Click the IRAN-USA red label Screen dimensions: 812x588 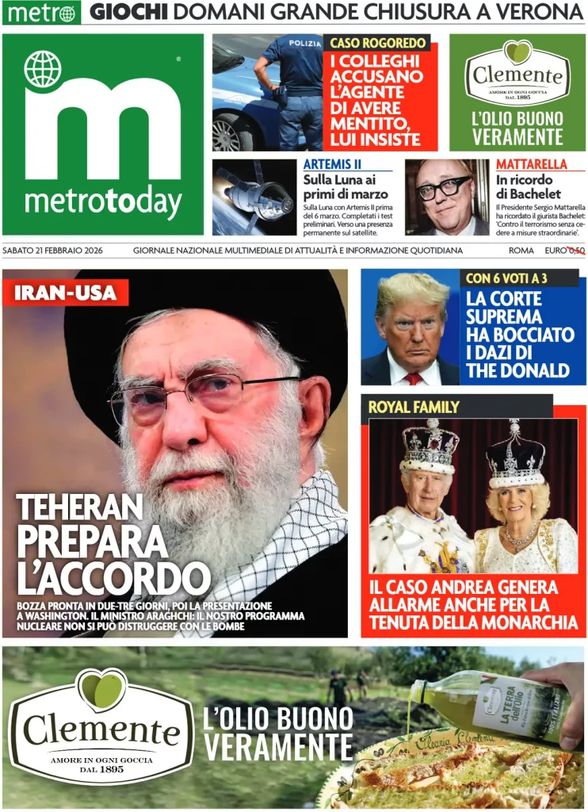pos(66,293)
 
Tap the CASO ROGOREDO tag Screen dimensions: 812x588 pos(378,43)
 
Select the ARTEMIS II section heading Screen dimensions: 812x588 pos(333,164)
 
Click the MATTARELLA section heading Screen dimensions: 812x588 pos(532,164)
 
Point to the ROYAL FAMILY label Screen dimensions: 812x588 pos(414,407)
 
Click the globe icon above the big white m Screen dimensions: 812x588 pos(43,69)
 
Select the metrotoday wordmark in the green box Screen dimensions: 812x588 pos(103,204)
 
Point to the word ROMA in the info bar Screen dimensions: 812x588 pos(521,251)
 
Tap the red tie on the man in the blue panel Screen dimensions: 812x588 pos(413,378)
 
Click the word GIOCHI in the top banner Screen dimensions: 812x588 pos(128,13)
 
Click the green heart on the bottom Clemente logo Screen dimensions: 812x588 pos(101,688)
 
